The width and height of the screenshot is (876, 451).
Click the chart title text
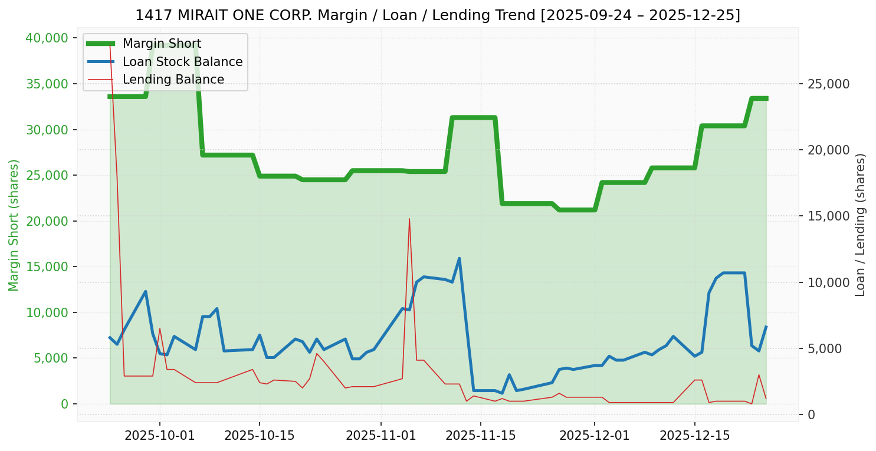coord(438,15)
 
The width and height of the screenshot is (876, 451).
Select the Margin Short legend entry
coord(162,44)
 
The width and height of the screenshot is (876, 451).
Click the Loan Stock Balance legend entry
coord(182,62)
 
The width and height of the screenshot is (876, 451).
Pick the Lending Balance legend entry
coord(173,80)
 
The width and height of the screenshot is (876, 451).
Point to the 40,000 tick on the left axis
coord(47,38)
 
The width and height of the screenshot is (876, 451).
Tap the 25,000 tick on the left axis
coord(47,176)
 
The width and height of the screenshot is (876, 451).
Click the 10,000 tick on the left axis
coord(47,312)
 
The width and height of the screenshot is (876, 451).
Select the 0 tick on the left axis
coord(64,404)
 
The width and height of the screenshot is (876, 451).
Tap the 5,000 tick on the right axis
coord(825,348)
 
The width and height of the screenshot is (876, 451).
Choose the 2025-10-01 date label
coord(159,436)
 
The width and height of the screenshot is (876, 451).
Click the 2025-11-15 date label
coord(481,436)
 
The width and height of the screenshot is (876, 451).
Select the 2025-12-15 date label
coord(694,436)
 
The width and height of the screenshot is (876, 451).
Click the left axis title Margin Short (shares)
coord(14,225)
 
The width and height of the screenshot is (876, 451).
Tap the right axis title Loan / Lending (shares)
coord(861,225)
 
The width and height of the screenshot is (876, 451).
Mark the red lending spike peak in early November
coord(409,219)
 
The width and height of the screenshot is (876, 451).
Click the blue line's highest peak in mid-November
coord(459,258)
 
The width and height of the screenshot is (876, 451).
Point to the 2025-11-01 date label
coord(381,436)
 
